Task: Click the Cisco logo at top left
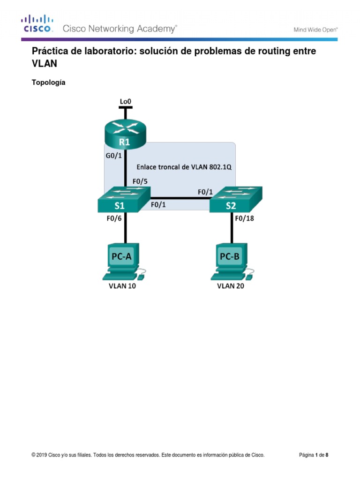(x=37, y=24)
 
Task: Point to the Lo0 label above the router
(x=125, y=100)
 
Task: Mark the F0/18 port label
(x=244, y=217)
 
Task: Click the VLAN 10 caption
(x=120, y=286)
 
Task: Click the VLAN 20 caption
(x=231, y=286)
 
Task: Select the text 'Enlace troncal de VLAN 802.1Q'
(x=184, y=167)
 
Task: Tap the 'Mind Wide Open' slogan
(x=315, y=30)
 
